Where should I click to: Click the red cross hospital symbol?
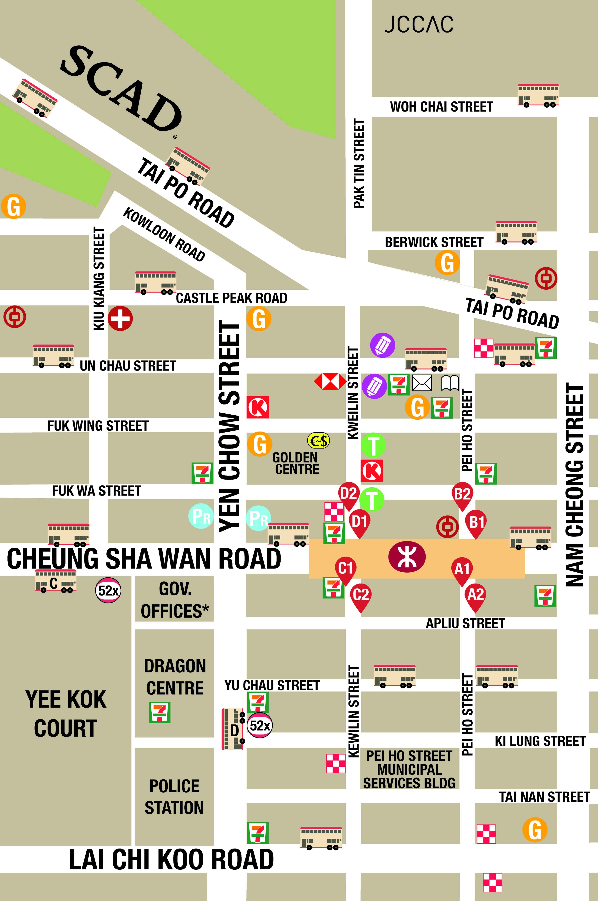[120, 318]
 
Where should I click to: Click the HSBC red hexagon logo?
[330, 381]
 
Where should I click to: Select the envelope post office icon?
[422, 383]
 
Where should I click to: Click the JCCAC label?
[418, 24]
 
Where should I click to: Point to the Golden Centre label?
[296, 463]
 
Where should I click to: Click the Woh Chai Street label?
[441, 107]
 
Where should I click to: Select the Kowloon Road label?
[164, 234]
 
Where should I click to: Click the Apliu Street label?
[465, 624]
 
